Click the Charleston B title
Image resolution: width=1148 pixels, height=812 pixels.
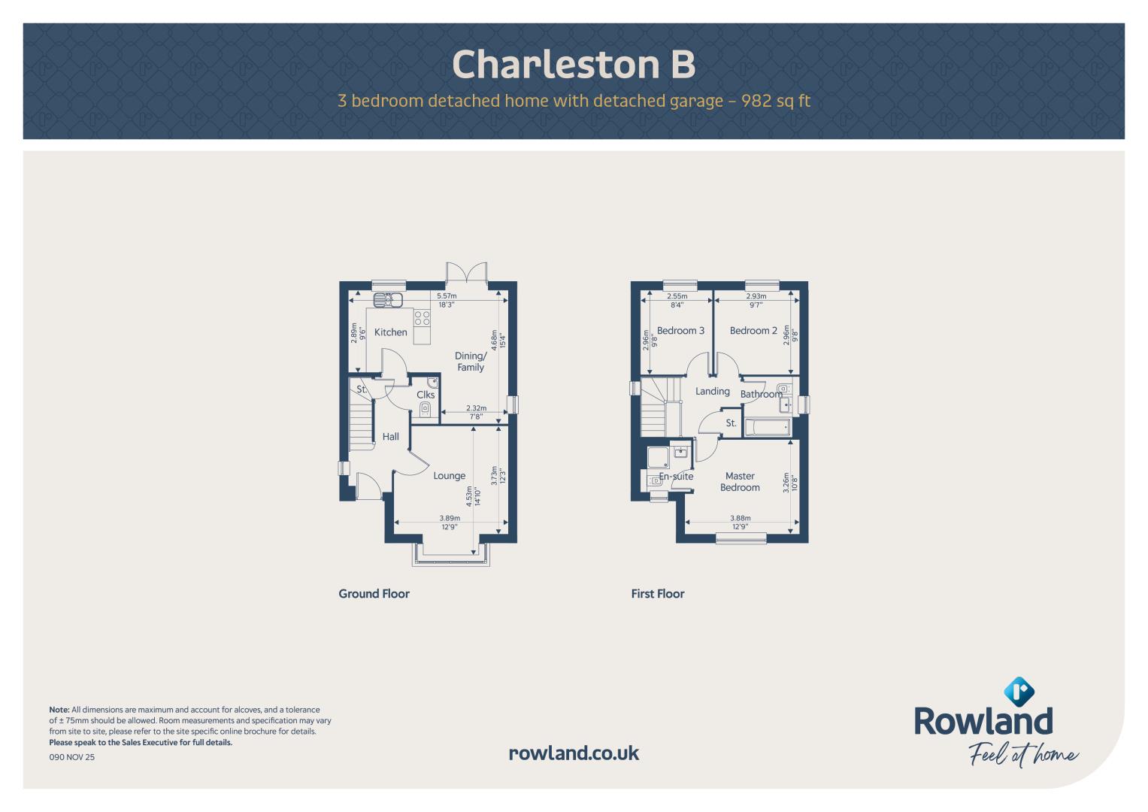coord(574,65)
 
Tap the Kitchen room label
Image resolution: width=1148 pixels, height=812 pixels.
coord(390,332)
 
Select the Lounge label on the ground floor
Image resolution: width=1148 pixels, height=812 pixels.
coord(450,476)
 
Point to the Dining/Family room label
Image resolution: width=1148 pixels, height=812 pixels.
coord(471,362)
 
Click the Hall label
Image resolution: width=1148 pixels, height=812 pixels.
coord(390,437)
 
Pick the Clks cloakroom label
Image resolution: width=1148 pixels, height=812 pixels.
coord(426,395)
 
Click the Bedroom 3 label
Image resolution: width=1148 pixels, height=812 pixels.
coord(680,331)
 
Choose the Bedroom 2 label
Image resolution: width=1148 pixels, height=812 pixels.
coord(753,331)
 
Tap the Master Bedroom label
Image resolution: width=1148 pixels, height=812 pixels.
coord(740,482)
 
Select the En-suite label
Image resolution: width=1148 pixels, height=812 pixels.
coord(676,476)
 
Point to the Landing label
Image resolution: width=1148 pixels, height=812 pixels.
coord(713,391)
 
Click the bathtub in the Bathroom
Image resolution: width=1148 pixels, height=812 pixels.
coord(767,427)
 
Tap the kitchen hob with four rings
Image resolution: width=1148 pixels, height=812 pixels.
coord(423,318)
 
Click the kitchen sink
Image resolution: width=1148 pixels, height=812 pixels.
coord(388,300)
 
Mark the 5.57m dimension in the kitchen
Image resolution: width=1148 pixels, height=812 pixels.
coord(447,295)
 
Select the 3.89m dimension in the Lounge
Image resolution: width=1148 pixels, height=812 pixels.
coord(450,518)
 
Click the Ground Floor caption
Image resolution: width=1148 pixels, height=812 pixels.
coord(374,594)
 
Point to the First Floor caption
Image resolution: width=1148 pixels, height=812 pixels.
coord(658,594)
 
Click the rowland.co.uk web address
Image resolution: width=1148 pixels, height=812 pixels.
coord(574,753)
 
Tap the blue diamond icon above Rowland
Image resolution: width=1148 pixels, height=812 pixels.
coord(1019,692)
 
